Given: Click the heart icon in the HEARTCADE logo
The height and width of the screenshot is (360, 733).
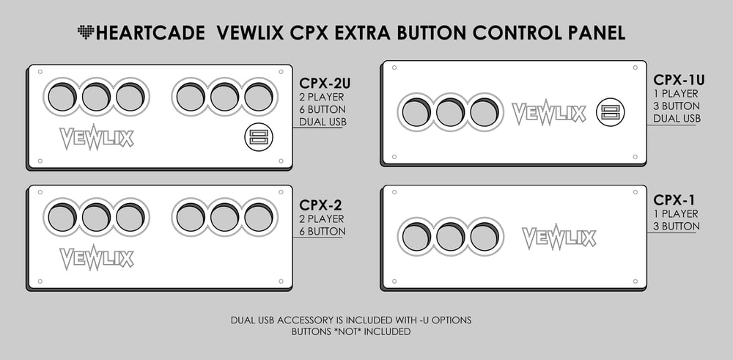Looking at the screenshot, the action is (86, 32).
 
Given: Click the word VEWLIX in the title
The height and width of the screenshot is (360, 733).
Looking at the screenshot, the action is (250, 33).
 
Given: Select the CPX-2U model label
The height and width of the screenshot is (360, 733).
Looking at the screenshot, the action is (325, 84).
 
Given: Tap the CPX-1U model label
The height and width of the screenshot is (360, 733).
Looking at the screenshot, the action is (679, 80).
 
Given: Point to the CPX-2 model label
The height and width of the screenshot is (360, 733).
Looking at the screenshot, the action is (321, 205).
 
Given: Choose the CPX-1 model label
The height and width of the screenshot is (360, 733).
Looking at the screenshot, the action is (674, 200).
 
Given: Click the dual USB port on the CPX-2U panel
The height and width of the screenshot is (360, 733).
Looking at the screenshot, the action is (259, 137).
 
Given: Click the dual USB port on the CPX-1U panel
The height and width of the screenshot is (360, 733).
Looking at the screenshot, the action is (610, 112).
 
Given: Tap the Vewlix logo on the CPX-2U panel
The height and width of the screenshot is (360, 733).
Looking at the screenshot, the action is (97, 137).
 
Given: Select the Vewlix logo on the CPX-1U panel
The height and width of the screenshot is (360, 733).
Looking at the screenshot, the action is (549, 113).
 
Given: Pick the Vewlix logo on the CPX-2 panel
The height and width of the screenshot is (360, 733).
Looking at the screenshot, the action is (97, 257).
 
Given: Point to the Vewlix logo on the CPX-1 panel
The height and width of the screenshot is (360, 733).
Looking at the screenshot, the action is (559, 237).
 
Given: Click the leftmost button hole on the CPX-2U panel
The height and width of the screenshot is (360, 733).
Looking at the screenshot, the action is (62, 98).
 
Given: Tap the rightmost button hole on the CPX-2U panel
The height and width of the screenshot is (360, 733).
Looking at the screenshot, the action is (259, 98).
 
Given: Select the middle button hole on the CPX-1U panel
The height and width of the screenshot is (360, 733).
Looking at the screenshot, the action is (450, 112).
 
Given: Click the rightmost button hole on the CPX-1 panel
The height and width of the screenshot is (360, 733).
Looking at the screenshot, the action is (485, 237).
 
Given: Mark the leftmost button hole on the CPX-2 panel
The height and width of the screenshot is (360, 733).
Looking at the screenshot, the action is (62, 218).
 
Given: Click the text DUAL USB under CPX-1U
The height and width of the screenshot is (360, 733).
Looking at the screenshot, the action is (677, 118).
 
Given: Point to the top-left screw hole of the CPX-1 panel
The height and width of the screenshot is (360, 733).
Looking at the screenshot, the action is (394, 192).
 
